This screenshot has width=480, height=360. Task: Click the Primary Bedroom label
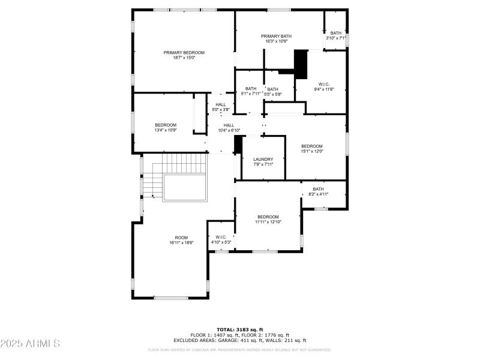[x=184, y=53]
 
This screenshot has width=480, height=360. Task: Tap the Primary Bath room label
[x=276, y=37]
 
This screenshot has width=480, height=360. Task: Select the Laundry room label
[x=263, y=159]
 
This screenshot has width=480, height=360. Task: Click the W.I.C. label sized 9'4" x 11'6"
[x=324, y=84]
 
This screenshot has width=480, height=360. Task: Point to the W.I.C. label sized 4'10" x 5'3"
[x=221, y=238]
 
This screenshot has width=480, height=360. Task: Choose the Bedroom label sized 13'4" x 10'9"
[x=166, y=125]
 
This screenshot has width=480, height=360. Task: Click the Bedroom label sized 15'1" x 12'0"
[x=312, y=146]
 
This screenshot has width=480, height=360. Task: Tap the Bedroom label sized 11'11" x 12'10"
[x=268, y=217]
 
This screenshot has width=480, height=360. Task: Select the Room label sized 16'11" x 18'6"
[x=181, y=238]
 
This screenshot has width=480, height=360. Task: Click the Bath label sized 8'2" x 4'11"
[x=318, y=189]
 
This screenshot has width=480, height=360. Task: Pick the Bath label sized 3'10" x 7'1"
[x=336, y=33]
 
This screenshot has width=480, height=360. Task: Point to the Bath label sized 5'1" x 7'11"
[x=251, y=89]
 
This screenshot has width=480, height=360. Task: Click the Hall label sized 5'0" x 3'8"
[x=221, y=104]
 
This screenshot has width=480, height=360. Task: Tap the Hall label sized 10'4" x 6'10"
[x=229, y=125]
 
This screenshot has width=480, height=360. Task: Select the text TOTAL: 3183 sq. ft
[x=240, y=329]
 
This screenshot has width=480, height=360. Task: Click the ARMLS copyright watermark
[x=30, y=344]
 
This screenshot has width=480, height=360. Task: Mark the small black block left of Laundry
[x=238, y=144]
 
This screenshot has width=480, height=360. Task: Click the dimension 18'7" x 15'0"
[x=184, y=58]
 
